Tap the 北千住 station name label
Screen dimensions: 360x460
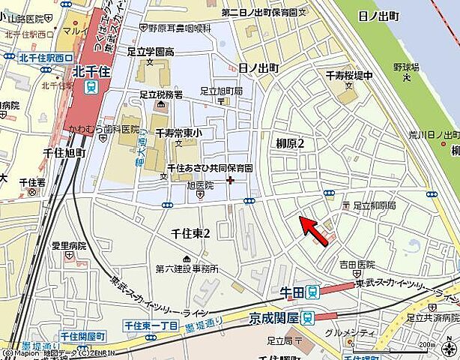[91, 72]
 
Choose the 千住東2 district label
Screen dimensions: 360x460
[190, 234]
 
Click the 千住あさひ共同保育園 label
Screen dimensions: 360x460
[210, 168]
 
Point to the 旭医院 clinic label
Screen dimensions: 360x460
[200, 184]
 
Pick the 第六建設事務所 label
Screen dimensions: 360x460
[187, 268]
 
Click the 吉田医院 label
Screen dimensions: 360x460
[357, 265]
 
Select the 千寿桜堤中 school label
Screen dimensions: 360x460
[348, 76]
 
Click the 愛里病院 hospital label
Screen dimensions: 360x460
[69, 246]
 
